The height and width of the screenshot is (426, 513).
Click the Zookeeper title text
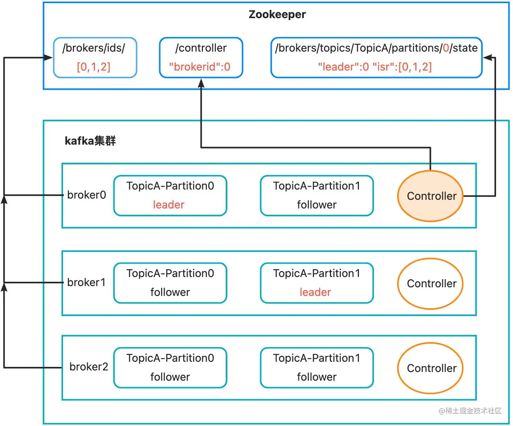(x=277, y=15)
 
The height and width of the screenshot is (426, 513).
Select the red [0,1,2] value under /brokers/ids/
(x=94, y=67)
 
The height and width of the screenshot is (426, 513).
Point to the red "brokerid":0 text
(x=200, y=67)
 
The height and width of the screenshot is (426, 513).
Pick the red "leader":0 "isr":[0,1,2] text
(x=375, y=67)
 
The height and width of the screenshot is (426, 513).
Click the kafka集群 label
(x=90, y=141)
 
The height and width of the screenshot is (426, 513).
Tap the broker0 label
(x=86, y=195)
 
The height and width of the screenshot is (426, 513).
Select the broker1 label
(x=86, y=283)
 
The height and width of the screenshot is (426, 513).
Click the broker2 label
(x=89, y=367)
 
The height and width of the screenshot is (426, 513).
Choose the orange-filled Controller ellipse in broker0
(x=430, y=196)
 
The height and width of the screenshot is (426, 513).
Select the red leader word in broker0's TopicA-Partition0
(x=169, y=205)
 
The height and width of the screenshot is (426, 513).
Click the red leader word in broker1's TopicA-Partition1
(x=315, y=292)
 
